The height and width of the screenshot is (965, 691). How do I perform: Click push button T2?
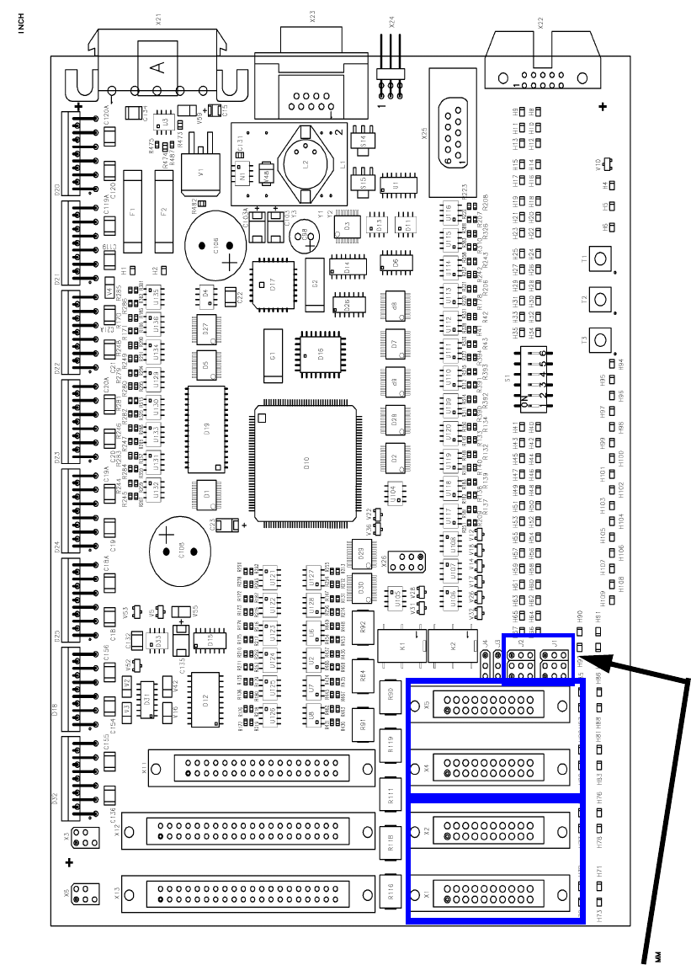coord(601,299)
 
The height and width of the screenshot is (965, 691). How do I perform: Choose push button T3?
coord(601,339)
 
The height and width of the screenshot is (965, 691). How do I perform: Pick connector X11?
coord(262,768)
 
